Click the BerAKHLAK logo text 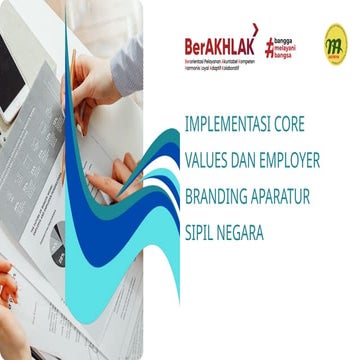[216, 44]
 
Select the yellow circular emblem [335, 43]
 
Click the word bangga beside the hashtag [289, 40]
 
